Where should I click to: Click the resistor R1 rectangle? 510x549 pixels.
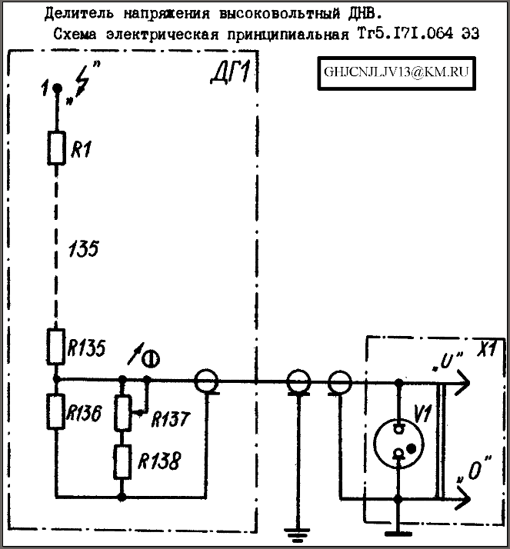[56, 148]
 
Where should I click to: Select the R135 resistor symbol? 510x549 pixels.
[55, 347]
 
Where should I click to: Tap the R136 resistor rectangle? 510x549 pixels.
[55, 411]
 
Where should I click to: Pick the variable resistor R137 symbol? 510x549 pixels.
[122, 412]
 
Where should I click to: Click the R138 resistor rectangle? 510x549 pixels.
[122, 462]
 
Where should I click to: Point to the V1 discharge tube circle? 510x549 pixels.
[398, 444]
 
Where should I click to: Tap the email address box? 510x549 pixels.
[396, 73]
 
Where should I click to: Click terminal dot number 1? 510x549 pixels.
[57, 88]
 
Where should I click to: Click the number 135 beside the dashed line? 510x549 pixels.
[83, 249]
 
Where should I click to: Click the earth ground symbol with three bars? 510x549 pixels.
[297, 533]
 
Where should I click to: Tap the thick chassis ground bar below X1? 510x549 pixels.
[398, 534]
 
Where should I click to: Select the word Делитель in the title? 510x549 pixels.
[78, 13]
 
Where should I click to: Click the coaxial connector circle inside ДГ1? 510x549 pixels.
[206, 381]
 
